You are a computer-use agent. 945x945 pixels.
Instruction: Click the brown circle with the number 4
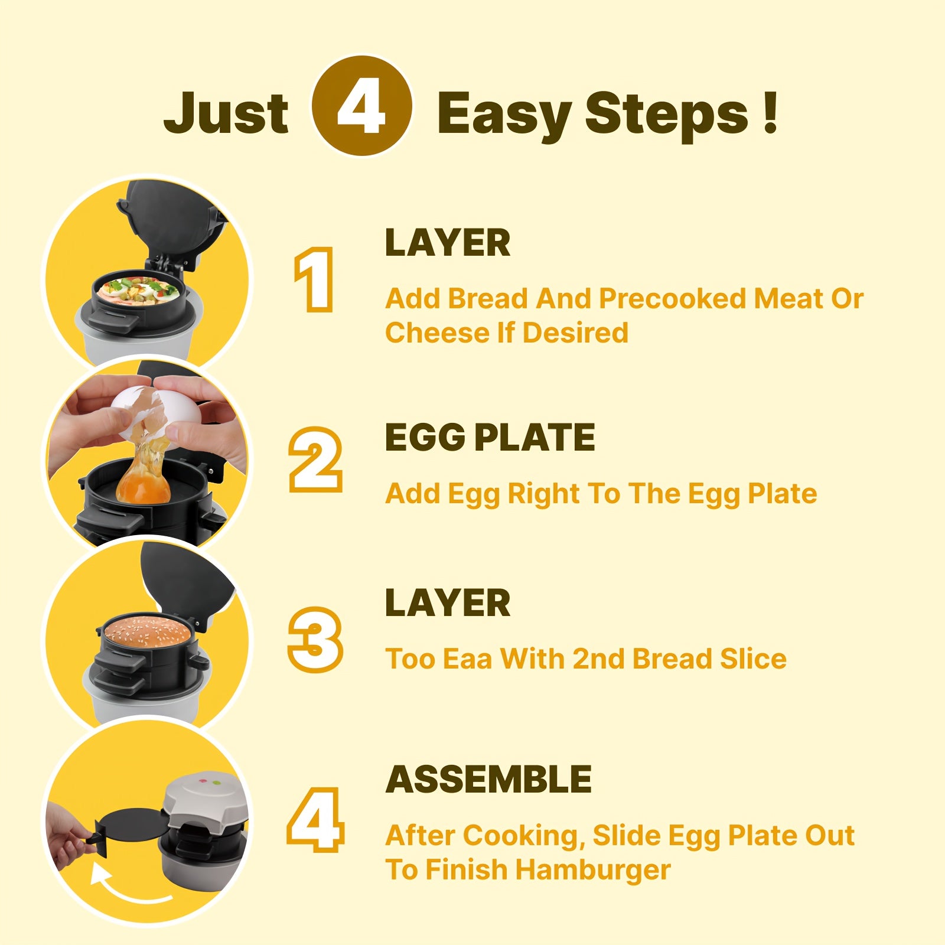[361, 106]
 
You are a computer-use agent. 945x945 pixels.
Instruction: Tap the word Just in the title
[226, 112]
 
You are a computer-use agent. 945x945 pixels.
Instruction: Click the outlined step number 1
[314, 279]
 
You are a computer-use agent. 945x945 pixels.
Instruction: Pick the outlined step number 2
[315, 460]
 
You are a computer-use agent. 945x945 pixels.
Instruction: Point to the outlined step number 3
[315, 639]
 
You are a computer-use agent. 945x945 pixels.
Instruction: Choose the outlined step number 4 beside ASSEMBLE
[315, 819]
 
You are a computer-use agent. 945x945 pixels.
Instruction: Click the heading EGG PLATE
[490, 438]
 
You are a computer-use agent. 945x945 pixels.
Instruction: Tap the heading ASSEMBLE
[488, 780]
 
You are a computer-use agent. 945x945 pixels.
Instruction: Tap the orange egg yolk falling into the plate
[143, 487]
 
